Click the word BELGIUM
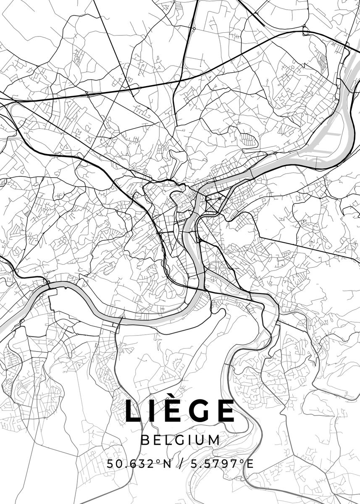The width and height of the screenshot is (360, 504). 181,440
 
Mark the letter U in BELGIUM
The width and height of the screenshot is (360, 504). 200,440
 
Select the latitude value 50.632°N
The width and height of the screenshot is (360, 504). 139,464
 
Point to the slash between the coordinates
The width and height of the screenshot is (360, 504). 181,464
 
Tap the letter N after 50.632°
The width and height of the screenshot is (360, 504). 167,464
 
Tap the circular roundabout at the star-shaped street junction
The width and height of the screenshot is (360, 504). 220,198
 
